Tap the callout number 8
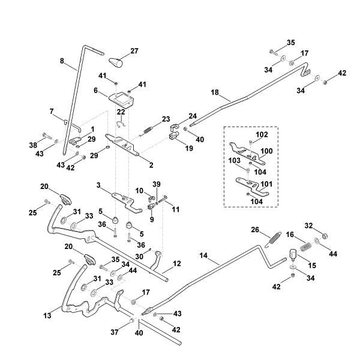tap(61, 60)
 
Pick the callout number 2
tap(151, 164)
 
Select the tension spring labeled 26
tap(272, 237)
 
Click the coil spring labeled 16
tap(306, 245)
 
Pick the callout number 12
tap(176, 263)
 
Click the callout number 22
tap(121, 112)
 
